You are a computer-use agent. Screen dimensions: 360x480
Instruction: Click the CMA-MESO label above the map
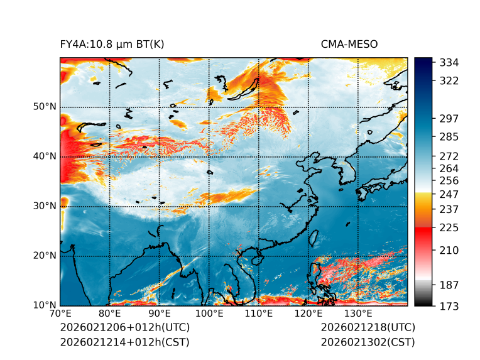[349, 44]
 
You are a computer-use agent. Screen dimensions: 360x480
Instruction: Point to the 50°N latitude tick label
[45, 107]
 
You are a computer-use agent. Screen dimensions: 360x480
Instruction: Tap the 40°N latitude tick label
[45, 156]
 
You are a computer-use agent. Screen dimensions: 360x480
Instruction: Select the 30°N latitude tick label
[45, 206]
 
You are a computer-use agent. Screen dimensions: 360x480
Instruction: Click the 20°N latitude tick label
[45, 256]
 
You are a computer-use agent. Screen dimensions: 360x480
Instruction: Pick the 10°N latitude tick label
[45, 305]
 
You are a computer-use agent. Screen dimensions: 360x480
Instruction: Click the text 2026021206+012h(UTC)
[124, 328]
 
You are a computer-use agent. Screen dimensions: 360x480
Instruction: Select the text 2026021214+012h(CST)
[124, 342]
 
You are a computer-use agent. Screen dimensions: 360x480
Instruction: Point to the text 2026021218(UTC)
[368, 328]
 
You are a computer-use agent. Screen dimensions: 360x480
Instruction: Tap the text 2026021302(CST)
[368, 342]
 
